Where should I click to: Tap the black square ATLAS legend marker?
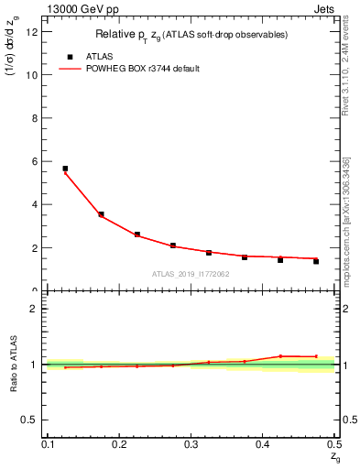pos(70,56)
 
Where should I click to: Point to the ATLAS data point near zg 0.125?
pos(65,169)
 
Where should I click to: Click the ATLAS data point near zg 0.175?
pos(101,214)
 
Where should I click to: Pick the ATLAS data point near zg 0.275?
pos(173,245)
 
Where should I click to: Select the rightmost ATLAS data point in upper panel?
pos(316,261)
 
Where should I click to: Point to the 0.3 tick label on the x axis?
pos(191,444)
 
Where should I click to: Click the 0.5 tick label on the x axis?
pos(333,444)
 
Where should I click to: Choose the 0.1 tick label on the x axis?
pos(48,444)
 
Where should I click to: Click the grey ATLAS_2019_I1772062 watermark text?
pos(191,274)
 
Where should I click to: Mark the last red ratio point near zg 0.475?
pos(316,356)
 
